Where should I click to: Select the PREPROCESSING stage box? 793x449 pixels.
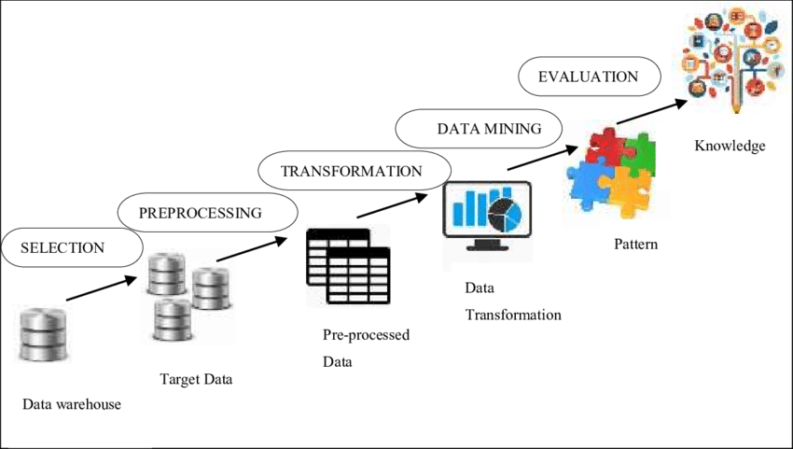tap(200, 213)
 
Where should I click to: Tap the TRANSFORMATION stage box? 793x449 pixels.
tap(351, 171)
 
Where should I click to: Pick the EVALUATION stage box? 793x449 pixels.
tap(588, 77)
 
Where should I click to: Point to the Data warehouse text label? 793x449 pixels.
tap(73, 404)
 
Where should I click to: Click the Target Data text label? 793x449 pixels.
tap(196, 379)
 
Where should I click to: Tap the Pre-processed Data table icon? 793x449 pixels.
tap(347, 267)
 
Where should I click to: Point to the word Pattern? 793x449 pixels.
tap(635, 245)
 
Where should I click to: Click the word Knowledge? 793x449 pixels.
tap(730, 146)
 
